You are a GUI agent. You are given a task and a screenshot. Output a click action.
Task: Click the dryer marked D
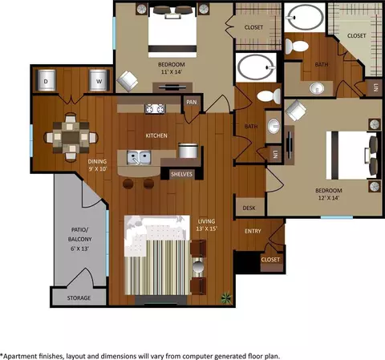[46, 80]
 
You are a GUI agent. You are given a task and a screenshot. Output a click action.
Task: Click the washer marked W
[99, 80]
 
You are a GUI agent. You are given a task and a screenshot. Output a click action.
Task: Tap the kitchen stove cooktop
[155, 109]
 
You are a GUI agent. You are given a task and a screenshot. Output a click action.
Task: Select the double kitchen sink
[139, 157]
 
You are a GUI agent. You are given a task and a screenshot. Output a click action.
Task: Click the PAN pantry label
[192, 102]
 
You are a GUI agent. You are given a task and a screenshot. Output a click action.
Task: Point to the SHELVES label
[181, 174]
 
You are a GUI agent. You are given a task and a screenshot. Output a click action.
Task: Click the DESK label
[249, 208]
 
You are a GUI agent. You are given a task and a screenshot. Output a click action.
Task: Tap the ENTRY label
[253, 231]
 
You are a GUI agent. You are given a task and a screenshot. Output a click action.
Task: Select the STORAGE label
[79, 298]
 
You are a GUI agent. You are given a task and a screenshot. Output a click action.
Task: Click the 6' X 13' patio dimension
[79, 249]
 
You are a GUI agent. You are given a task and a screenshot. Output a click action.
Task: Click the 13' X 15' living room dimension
[207, 229]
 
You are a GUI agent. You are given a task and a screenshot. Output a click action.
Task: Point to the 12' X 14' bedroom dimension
[329, 198]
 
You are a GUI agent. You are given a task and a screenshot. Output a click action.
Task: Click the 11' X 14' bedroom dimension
[172, 72]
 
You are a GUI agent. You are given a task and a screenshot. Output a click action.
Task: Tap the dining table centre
[71, 137]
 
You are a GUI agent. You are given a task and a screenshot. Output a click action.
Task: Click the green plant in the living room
[226, 297]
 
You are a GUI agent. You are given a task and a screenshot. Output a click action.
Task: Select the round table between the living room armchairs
[198, 267]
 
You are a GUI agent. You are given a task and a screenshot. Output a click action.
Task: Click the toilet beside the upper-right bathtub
[297, 46]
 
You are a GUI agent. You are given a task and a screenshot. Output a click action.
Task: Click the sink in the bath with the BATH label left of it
[274, 126]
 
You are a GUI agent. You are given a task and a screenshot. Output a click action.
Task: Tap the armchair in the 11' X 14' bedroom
[128, 80]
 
